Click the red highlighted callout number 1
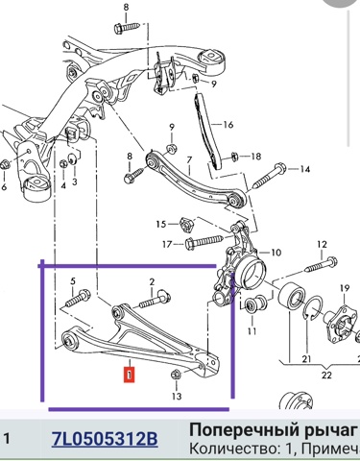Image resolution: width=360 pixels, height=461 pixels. coord(129,375)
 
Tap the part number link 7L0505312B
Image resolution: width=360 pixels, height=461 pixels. coord(105,439)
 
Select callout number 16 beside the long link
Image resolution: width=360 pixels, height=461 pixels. coord(228,124)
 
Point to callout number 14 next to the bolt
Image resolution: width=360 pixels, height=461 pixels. coord(305,169)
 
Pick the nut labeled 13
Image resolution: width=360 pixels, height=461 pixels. coord(176,374)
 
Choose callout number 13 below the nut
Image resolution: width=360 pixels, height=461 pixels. coord(177,397)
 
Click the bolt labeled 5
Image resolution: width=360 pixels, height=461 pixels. coord(78,299)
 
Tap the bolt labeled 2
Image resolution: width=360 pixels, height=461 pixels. coord(155,301)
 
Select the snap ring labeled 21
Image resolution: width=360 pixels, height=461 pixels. coord(311,310)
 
